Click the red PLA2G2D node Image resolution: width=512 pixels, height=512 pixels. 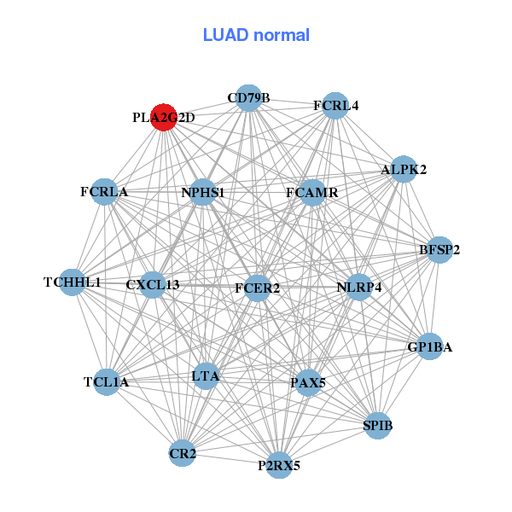pyautogui.click(x=164, y=118)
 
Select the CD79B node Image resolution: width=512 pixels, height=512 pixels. pyautogui.click(x=248, y=98)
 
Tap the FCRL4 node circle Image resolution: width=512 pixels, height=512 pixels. pyautogui.click(x=336, y=106)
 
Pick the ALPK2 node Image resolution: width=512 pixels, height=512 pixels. pyautogui.click(x=404, y=169)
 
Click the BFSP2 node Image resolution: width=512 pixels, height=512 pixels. pyautogui.click(x=439, y=250)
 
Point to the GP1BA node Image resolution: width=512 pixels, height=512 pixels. pyautogui.click(x=430, y=346)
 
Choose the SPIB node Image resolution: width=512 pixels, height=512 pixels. pyautogui.click(x=378, y=425)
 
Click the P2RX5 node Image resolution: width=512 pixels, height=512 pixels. pyautogui.click(x=279, y=465)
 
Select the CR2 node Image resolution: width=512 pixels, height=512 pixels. pyautogui.click(x=183, y=453)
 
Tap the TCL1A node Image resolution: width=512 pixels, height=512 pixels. pyautogui.click(x=107, y=381)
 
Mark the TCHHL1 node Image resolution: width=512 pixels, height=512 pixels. pyautogui.click(x=73, y=282)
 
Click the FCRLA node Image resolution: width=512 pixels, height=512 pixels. pyautogui.click(x=104, y=192)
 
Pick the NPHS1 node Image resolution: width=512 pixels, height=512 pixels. pyautogui.click(x=203, y=193)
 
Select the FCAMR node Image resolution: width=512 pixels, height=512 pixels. pyautogui.click(x=312, y=193)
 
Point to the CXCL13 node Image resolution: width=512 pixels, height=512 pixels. pyautogui.click(x=153, y=284)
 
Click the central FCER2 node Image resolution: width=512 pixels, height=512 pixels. pyautogui.click(x=257, y=288)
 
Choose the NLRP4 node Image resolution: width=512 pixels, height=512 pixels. pyautogui.click(x=359, y=287)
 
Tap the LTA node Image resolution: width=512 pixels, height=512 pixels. pyautogui.click(x=206, y=375)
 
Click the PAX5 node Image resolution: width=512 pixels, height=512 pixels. pyautogui.click(x=308, y=382)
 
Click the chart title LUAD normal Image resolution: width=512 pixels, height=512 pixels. pyautogui.click(x=256, y=35)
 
